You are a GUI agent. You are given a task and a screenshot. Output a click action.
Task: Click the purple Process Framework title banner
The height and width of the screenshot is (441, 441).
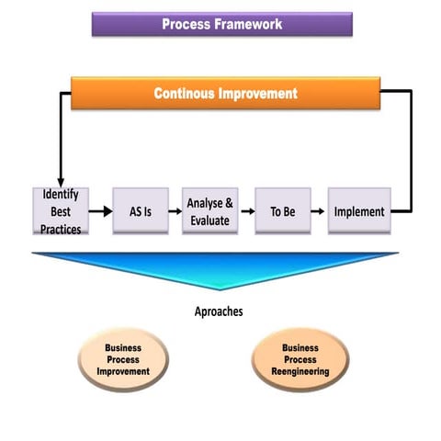pyautogui.click(x=221, y=24)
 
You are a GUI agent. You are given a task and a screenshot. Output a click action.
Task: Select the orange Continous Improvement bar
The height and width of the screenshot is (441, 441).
pyautogui.click(x=225, y=94)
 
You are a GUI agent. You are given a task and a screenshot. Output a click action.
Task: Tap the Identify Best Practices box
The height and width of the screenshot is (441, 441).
pyautogui.click(x=62, y=210)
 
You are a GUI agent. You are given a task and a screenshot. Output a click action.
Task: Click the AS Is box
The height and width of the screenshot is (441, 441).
pyautogui.click(x=141, y=210)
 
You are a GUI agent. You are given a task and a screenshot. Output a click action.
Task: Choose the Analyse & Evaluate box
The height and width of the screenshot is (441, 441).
pyautogui.click(x=210, y=210)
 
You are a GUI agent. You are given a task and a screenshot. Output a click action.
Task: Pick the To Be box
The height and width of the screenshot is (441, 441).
pyautogui.click(x=281, y=210)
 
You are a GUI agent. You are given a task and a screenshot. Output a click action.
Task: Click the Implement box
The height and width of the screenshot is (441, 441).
pyautogui.click(x=359, y=210)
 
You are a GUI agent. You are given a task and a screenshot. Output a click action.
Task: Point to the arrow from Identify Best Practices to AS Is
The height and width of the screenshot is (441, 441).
pyautogui.click(x=101, y=211)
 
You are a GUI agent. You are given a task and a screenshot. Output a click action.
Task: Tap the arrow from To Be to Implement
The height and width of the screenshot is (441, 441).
pyautogui.click(x=318, y=211)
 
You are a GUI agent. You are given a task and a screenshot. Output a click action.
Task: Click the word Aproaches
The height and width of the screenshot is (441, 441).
pyautogui.click(x=218, y=311)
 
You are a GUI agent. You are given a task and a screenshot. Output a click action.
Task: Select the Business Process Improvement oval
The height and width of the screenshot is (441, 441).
pyautogui.click(x=123, y=359)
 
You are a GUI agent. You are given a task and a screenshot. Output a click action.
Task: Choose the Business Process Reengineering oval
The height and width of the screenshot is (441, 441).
pyautogui.click(x=300, y=359)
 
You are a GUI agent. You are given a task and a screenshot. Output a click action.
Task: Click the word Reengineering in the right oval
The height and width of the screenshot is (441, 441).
pyautogui.click(x=300, y=371)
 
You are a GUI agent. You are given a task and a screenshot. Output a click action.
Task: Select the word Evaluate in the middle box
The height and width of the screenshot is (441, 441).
pyautogui.click(x=210, y=221)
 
